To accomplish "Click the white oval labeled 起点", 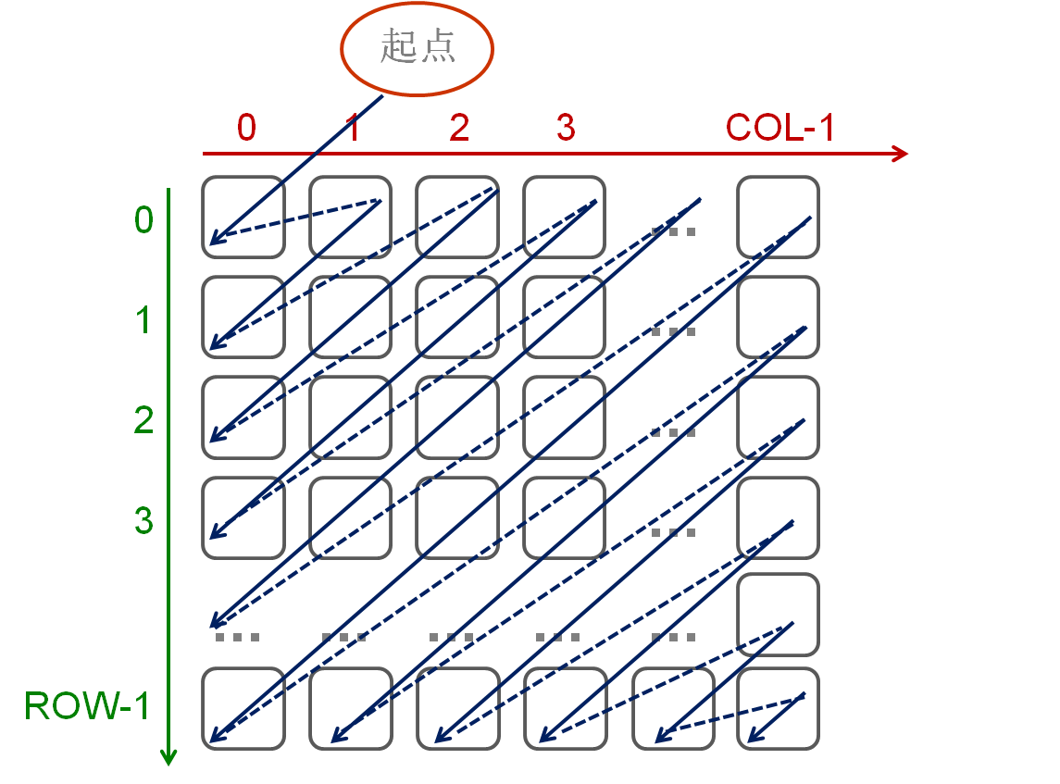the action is pyautogui.click(x=418, y=47).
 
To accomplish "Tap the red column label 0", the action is pyautogui.click(x=246, y=128).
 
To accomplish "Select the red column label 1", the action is pyautogui.click(x=353, y=128).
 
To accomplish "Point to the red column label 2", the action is pyautogui.click(x=459, y=128).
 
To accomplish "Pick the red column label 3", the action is pyautogui.click(x=566, y=128).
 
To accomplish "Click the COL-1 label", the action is pyautogui.click(x=779, y=128).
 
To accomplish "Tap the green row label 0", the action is pyautogui.click(x=143, y=220).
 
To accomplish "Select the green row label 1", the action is pyautogui.click(x=143, y=320).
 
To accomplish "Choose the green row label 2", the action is pyautogui.click(x=143, y=421).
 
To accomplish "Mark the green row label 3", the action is pyautogui.click(x=143, y=521).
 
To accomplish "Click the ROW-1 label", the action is pyautogui.click(x=86, y=706).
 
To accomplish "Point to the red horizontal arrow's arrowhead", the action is pyautogui.click(x=901, y=154).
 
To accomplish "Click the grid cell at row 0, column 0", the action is pyautogui.click(x=243, y=217).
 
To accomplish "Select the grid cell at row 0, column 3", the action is pyautogui.click(x=565, y=217).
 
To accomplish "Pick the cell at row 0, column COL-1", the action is pyautogui.click(x=779, y=217).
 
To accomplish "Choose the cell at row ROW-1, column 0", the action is pyautogui.click(x=243, y=708).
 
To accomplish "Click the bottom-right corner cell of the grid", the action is pyautogui.click(x=779, y=708).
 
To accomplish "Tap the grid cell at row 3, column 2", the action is pyautogui.click(x=457, y=517).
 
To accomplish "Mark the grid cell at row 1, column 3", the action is pyautogui.click(x=565, y=317).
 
